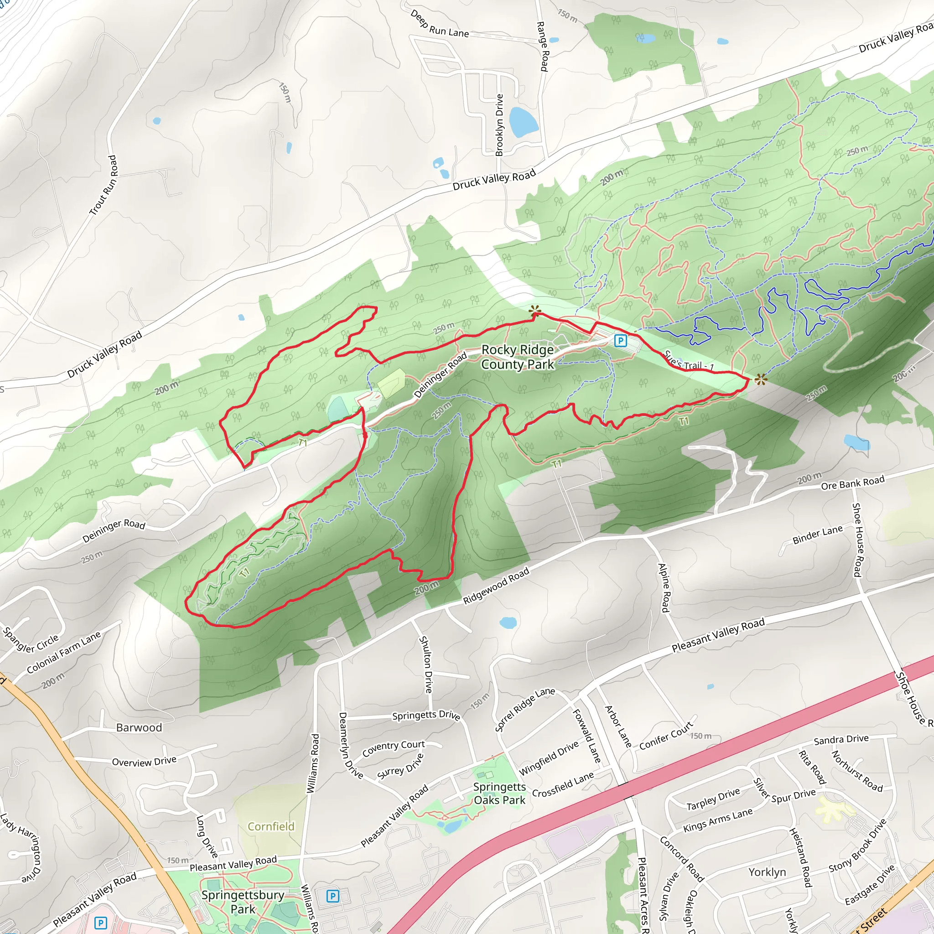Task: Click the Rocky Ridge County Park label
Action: click(x=517, y=357)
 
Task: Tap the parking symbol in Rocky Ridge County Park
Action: click(x=620, y=341)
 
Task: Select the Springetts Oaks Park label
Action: click(x=499, y=794)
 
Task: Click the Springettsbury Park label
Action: click(x=243, y=902)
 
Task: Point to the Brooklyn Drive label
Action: click(x=499, y=125)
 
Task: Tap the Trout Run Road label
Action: click(x=104, y=185)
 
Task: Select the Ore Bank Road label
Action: click(x=852, y=483)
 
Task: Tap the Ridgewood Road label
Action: click(x=496, y=586)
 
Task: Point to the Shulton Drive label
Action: click(x=425, y=664)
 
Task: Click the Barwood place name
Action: click(x=139, y=727)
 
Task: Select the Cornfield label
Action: click(x=271, y=826)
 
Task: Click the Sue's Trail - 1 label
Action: click(x=689, y=361)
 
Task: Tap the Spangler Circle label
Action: click(x=31, y=640)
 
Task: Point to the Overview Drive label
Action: click(x=144, y=762)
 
